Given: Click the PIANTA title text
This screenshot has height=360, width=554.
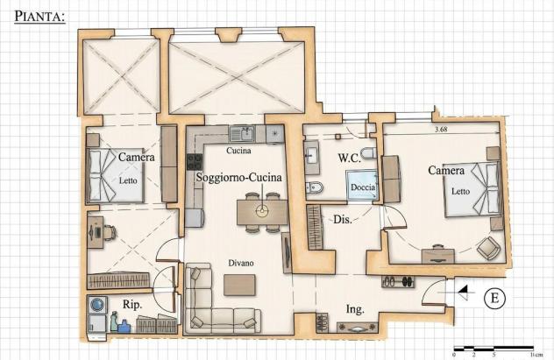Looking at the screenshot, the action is [40, 17].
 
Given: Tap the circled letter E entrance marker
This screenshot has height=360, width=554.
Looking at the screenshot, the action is [494, 298].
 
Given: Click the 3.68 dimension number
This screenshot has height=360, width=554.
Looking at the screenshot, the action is [441, 129].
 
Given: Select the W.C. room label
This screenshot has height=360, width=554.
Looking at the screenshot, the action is [349, 159].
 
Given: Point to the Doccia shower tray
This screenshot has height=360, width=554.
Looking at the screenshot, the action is [361, 186].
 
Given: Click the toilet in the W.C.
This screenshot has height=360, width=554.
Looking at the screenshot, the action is [369, 154].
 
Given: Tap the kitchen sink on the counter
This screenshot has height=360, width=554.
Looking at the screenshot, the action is [242, 134].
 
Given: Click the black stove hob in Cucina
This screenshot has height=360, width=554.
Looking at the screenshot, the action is [195, 162].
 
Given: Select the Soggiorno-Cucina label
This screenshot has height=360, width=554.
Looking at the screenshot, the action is [239, 177].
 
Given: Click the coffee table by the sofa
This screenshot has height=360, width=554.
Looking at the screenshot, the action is [239, 286].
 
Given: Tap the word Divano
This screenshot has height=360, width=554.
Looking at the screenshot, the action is [240, 263].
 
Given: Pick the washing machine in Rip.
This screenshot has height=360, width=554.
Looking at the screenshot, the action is [97, 304].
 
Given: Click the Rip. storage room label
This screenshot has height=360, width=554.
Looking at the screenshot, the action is [132, 304].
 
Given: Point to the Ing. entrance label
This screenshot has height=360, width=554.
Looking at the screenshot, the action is [355, 309].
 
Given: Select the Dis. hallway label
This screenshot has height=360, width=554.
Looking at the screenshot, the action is [343, 220].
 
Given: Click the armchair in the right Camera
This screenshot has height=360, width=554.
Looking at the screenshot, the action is [488, 248].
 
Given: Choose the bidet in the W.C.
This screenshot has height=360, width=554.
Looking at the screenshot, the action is [314, 187].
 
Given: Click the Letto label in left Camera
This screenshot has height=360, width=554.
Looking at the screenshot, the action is [128, 180].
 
